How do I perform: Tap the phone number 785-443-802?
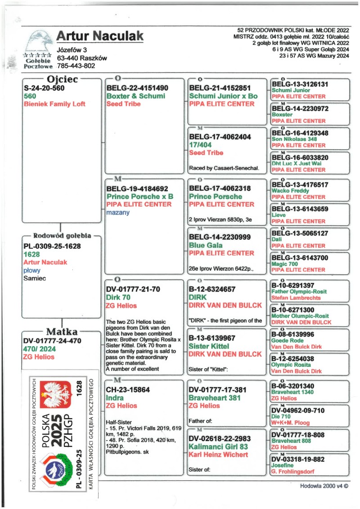point(76,66)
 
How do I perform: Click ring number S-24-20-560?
point(44,88)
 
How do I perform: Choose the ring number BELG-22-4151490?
point(137,88)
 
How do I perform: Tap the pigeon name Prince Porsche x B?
point(140,196)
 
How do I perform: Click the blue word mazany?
point(117,212)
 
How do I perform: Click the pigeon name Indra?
point(115,398)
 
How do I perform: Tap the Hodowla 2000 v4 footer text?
point(324,486)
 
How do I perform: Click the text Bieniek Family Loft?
point(54,104)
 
